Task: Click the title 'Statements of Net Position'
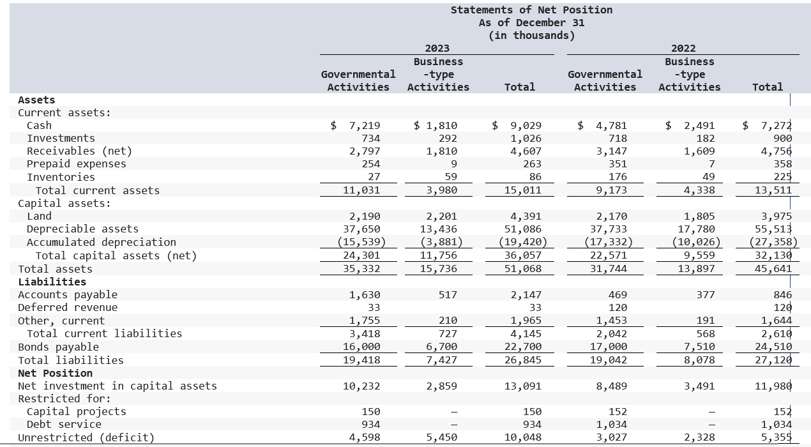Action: (531, 10)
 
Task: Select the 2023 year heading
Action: (437, 49)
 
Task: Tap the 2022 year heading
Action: (683, 49)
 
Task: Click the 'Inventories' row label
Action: (61, 177)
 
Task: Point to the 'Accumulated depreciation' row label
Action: (101, 242)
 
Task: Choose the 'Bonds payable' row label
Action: (58, 347)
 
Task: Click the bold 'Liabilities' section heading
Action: (52, 282)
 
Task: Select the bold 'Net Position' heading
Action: (55, 373)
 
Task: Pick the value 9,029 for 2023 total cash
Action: (525, 126)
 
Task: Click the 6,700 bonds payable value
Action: (441, 347)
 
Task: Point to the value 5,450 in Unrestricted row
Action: (441, 437)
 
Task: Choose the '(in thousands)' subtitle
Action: (531, 35)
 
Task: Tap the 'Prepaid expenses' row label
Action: (76, 164)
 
